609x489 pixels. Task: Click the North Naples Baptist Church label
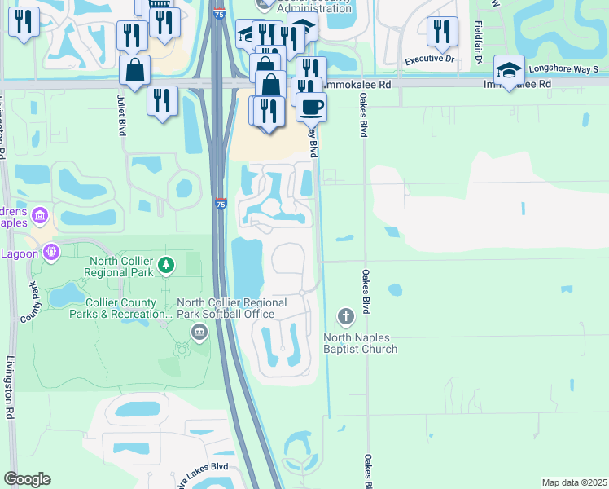tap(361, 343)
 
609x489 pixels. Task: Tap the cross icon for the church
tap(345, 315)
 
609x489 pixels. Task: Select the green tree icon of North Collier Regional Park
tap(166, 265)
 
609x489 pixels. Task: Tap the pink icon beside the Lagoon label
tap(51, 252)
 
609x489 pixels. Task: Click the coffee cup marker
tap(311, 106)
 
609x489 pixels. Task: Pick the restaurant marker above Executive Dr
tap(442, 32)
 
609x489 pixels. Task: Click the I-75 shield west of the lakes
tap(221, 204)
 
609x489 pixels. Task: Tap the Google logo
tap(27, 479)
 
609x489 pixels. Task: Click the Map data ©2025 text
tap(574, 482)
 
